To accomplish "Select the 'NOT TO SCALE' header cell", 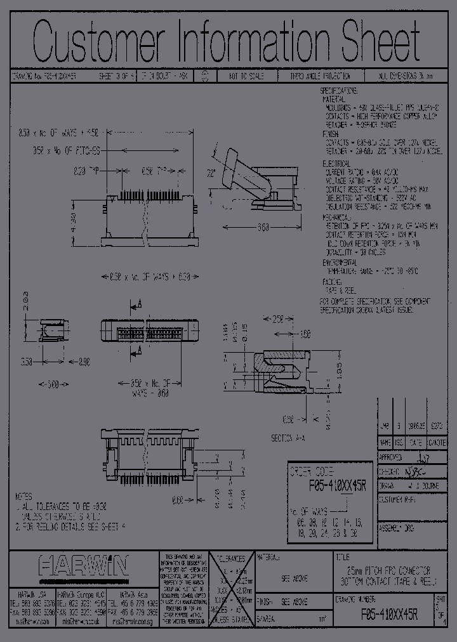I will tap(241, 75).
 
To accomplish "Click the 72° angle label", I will tap(211, 173).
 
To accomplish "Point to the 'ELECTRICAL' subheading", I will tap(336, 162).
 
